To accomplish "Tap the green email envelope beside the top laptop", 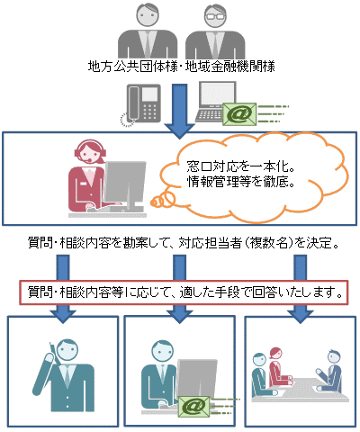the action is point(239,114).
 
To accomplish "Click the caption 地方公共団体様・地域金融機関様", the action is point(182,67).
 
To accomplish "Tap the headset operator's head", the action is point(89,152).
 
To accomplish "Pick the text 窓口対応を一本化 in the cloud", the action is point(240,166).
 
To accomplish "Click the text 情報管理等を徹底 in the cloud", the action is point(240,182).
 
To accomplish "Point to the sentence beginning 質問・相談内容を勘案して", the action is point(184,243).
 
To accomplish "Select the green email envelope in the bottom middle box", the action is point(194,407).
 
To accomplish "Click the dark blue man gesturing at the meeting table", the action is point(330,371).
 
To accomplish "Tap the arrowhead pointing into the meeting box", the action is point(301,317).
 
